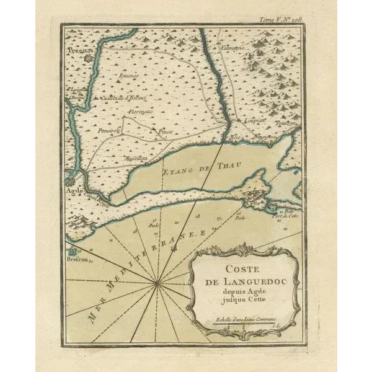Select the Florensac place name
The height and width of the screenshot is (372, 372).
141,112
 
